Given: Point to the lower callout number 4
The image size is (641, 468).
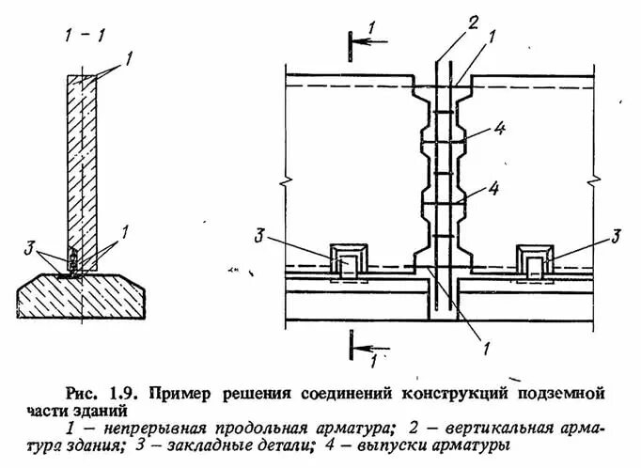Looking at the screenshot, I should coord(491,188).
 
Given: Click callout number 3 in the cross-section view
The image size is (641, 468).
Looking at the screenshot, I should coord(31,249).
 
